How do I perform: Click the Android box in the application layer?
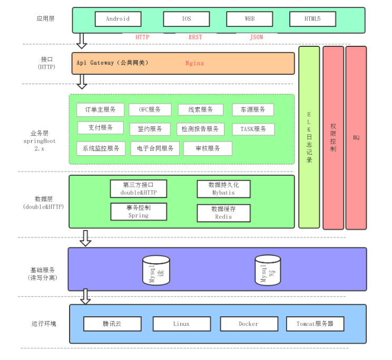118,19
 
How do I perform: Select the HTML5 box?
312,19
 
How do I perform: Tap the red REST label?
195,37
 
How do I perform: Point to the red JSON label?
256,37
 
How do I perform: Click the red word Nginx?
194,63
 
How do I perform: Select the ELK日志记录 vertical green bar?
309,137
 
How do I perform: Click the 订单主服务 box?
100,109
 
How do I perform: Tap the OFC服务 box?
150,109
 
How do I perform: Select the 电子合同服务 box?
155,148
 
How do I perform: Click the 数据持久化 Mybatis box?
223,189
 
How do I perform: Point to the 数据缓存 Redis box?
223,213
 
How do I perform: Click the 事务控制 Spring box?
139,212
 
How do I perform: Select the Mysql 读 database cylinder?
156,271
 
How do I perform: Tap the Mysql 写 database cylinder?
268,270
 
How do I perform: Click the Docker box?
248,324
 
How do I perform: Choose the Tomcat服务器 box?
315,324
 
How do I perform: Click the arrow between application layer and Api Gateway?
82,40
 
